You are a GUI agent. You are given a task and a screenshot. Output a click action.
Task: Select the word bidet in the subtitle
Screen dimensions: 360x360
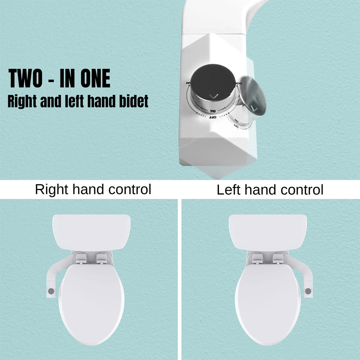coord(134,102)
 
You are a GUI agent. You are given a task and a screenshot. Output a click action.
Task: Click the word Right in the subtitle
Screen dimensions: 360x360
coord(21,102)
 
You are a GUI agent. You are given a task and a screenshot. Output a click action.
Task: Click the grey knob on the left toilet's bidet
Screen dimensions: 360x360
coord(51,290)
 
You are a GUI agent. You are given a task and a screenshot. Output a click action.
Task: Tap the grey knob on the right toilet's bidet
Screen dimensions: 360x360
coord(308,291)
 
